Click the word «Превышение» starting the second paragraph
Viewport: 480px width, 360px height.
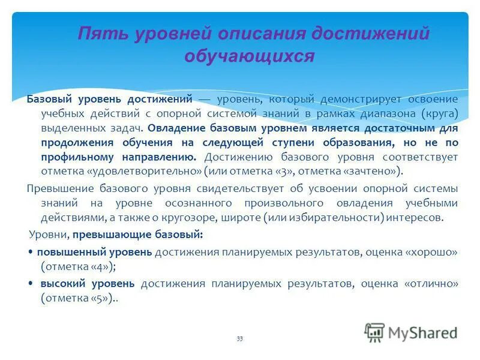[x=58, y=188]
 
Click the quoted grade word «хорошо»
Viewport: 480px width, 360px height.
[x=432, y=251]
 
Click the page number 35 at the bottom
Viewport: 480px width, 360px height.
[x=239, y=339]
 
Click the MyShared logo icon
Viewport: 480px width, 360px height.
[x=375, y=332]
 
